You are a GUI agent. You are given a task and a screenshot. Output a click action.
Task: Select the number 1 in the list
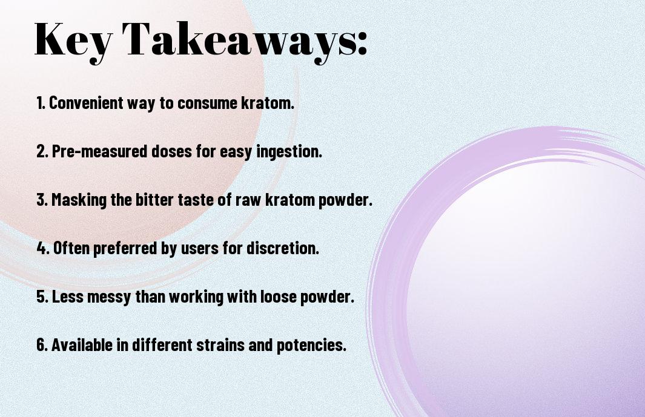point(41,103)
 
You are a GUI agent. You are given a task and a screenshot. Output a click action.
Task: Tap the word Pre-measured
point(99,151)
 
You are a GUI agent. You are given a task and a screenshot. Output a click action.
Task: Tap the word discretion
point(283,248)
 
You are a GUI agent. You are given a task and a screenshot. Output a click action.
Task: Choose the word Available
point(82,345)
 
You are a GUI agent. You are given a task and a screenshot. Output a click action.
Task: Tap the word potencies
point(311,346)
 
